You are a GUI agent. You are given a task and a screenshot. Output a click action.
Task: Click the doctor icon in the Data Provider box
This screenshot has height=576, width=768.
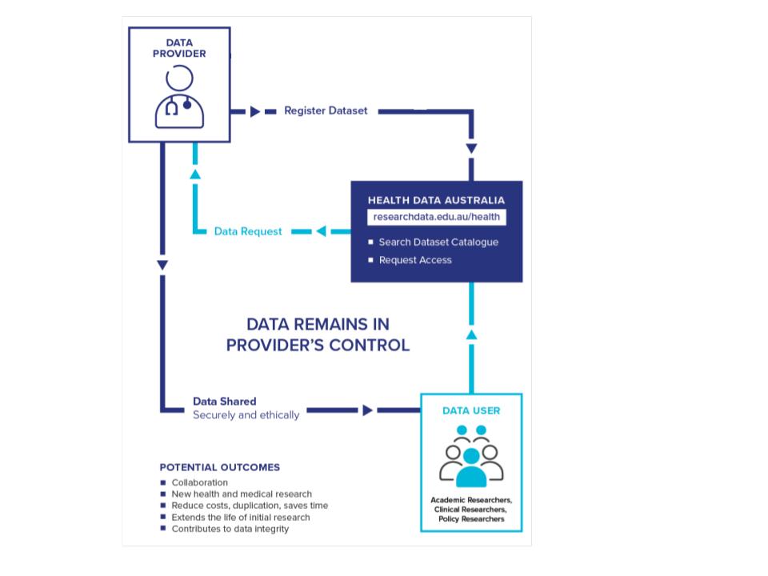coord(179,98)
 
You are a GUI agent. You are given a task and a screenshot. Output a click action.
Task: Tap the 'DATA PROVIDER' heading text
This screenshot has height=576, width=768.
coord(179,48)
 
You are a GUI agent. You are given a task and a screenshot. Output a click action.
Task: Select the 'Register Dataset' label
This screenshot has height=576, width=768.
coord(326,111)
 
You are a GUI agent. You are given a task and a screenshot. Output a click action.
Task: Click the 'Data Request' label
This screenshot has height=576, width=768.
coord(248,231)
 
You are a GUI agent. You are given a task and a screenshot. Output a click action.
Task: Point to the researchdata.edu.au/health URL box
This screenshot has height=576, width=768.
coord(437,217)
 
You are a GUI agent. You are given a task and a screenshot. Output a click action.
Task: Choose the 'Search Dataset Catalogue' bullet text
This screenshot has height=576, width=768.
coord(438,242)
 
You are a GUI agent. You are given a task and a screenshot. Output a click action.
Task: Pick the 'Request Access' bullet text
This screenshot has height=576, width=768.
coord(415,260)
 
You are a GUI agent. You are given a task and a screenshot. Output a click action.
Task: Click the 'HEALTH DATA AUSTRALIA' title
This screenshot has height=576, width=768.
coord(436,200)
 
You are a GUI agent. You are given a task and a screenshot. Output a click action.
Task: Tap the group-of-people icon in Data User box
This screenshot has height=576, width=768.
coord(471,457)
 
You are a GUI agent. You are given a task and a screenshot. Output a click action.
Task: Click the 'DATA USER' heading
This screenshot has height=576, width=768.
coord(471,410)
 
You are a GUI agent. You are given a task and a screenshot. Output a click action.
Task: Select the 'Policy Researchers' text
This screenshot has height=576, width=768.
coord(471,519)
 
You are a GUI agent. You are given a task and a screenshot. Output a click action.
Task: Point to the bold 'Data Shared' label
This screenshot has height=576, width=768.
coord(225,401)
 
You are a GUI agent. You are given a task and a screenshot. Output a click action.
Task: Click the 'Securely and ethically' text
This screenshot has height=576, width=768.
coord(246,415)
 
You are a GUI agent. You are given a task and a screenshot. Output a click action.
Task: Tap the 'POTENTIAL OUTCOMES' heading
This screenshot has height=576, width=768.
coord(220,467)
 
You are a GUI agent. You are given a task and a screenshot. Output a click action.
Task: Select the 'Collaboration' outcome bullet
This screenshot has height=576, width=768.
coord(200,482)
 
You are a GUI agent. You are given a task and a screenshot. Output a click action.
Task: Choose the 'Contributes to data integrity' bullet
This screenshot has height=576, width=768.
coord(230,529)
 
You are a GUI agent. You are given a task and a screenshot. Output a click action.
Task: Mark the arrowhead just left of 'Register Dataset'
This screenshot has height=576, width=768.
coord(254,111)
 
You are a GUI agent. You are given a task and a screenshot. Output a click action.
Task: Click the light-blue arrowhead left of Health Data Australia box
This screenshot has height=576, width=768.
coord(320,231)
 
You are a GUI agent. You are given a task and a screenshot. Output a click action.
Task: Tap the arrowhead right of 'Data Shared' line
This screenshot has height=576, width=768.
coord(367,410)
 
